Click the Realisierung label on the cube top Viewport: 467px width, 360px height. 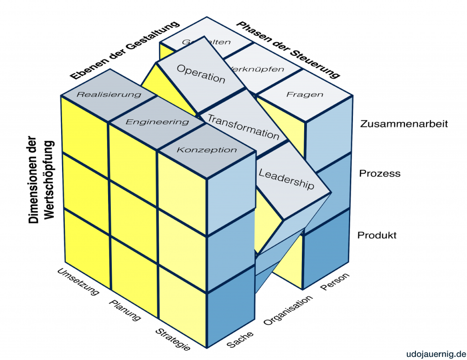click(109, 95)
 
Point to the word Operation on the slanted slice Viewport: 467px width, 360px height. click(201, 74)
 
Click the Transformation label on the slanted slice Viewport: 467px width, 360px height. click(243, 126)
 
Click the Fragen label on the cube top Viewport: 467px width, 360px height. click(305, 95)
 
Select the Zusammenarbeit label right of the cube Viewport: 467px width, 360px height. click(404, 123)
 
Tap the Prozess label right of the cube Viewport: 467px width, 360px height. click(379, 173)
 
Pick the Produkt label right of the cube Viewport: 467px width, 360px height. click(377, 235)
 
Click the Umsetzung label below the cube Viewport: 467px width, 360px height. click(78, 282)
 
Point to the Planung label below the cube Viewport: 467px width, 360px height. click(125, 310)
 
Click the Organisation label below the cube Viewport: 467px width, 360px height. click(289, 310)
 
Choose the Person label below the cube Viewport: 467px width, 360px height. click(335, 282)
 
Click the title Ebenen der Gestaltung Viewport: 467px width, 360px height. click(125, 50)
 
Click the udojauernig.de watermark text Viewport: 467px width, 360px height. click(435, 353)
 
